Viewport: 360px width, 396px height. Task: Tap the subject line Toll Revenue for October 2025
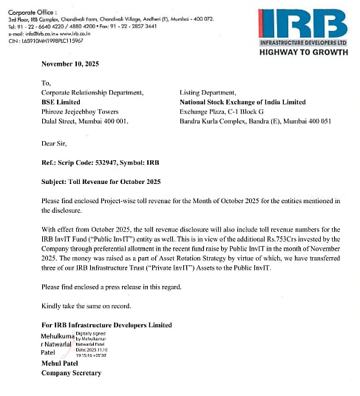coord(112,180)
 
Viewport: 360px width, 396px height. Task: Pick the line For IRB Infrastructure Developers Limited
coord(107,325)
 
